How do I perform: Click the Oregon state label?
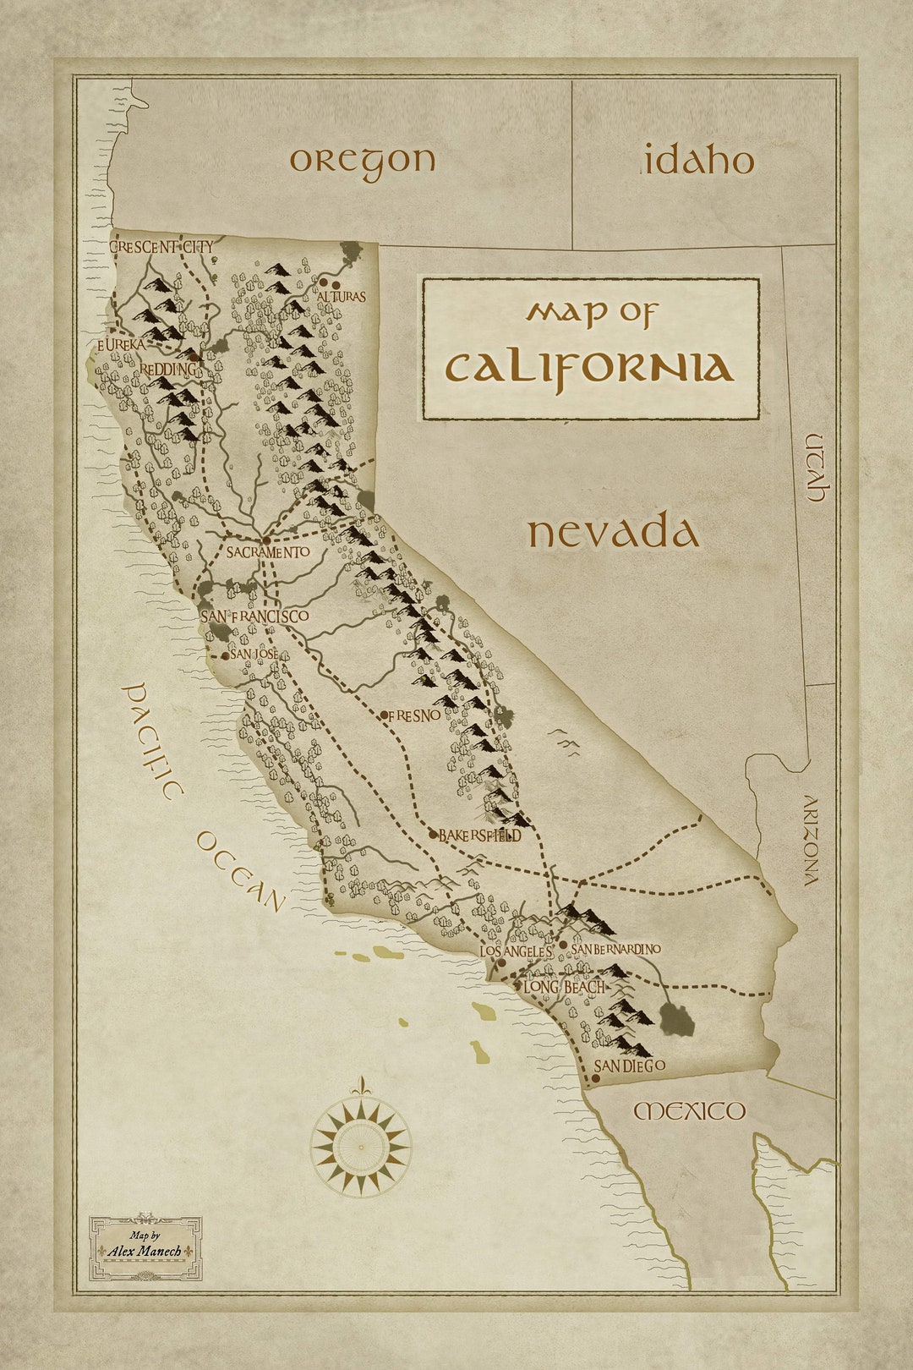point(363,161)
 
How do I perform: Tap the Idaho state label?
point(698,161)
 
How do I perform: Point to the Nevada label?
point(614,534)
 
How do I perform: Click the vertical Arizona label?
point(811,841)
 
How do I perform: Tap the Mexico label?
point(690,1110)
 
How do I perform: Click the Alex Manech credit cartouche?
point(145,1248)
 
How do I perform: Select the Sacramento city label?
point(268,552)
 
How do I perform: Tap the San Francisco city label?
point(254,616)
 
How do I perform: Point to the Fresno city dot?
point(384,715)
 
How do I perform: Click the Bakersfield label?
point(479,836)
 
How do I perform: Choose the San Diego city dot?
point(595,1078)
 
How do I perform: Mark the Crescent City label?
point(161,247)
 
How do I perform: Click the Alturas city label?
point(342,297)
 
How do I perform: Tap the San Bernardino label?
point(615,950)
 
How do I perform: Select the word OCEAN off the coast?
point(241,871)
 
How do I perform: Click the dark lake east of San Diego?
point(677,1020)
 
